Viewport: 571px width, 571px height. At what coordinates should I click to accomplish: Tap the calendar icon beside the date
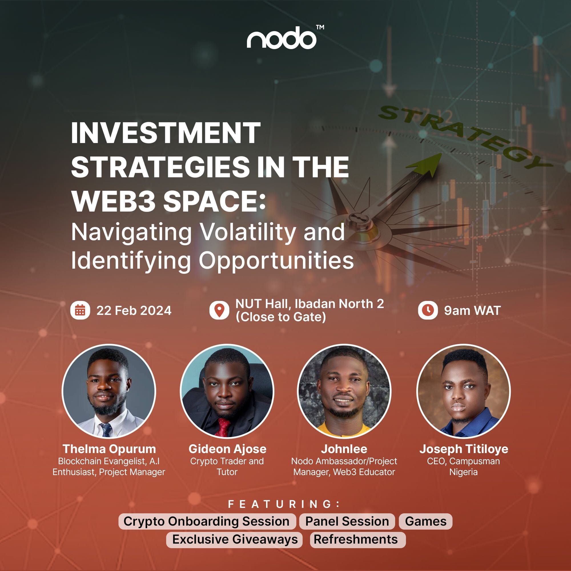pyautogui.click(x=80, y=311)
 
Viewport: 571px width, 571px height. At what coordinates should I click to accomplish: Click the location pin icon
pyautogui.click(x=219, y=310)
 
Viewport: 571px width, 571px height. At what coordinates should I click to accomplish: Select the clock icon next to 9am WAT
pyautogui.click(x=428, y=310)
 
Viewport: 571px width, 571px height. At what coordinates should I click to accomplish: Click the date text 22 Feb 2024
pyautogui.click(x=134, y=311)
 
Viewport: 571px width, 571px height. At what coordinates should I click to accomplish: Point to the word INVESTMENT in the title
pyautogui.click(x=166, y=133)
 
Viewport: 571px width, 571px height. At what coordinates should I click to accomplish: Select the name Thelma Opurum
pyautogui.click(x=109, y=449)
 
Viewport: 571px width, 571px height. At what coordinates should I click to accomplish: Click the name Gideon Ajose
pyautogui.click(x=227, y=449)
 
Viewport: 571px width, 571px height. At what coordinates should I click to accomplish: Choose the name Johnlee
pyautogui.click(x=344, y=449)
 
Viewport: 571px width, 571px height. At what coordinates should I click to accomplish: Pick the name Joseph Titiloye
pyautogui.click(x=464, y=449)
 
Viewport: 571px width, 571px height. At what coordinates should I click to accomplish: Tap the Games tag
pyautogui.click(x=426, y=521)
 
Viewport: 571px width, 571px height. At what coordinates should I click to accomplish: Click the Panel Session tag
pyautogui.click(x=347, y=521)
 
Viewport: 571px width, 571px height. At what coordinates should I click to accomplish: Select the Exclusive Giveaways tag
pyautogui.click(x=235, y=539)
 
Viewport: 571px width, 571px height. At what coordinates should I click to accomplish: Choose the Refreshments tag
pyautogui.click(x=358, y=539)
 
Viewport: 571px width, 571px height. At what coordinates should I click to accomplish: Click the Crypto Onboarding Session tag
pyautogui.click(x=207, y=521)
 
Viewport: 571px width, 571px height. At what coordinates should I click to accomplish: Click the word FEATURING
pyautogui.click(x=284, y=504)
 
